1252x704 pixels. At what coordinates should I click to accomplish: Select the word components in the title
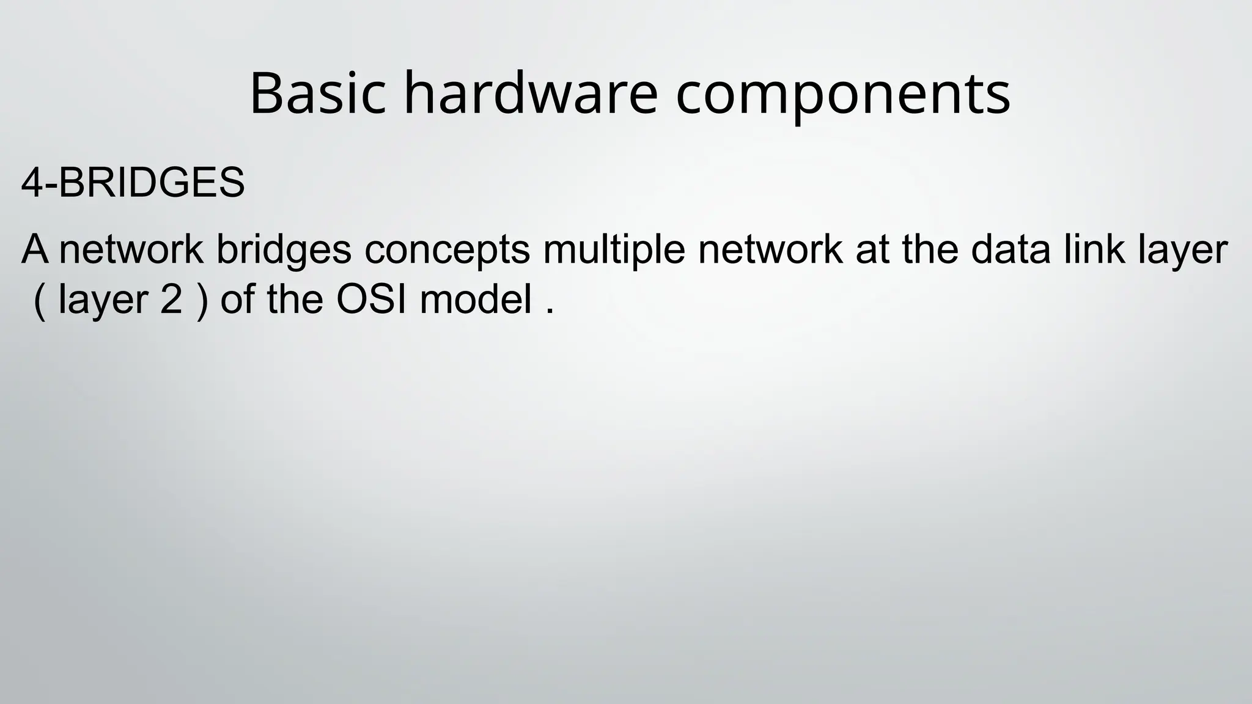(843, 95)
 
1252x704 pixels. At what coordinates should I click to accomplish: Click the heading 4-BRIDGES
(133, 183)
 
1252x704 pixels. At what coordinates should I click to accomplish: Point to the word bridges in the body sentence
(284, 251)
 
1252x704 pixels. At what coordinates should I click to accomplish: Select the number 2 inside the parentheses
(171, 300)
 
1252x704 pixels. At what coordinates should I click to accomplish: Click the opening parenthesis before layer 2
(40, 301)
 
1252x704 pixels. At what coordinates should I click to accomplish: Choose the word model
(476, 300)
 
